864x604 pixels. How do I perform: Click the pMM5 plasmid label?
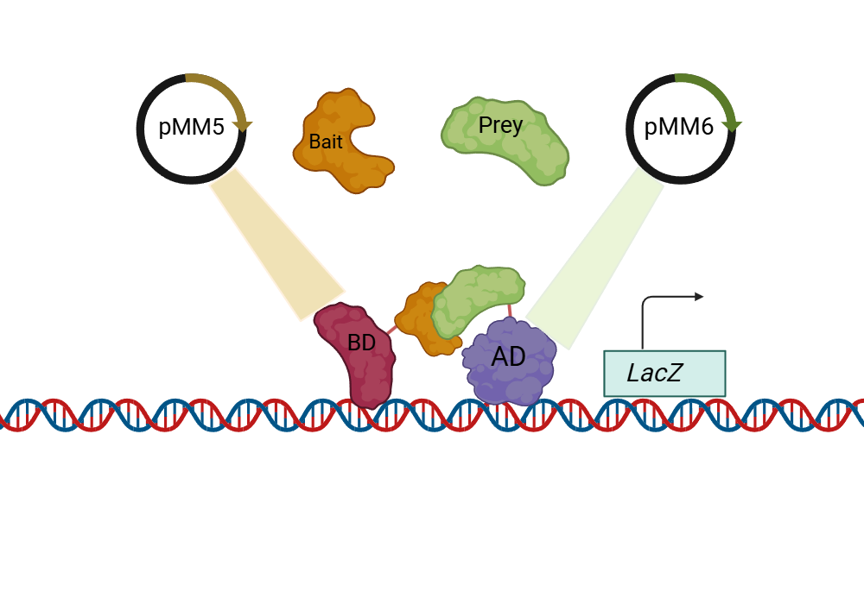191,128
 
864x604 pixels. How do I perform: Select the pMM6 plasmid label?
679,128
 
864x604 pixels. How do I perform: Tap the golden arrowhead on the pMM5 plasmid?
243,125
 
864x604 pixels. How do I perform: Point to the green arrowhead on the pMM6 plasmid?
732,125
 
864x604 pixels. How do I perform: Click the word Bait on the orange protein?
326,142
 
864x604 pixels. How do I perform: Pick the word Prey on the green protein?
500,125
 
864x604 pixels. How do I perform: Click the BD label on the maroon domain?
361,343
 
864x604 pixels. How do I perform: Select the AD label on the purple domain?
508,356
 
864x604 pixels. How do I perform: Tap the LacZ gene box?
664,374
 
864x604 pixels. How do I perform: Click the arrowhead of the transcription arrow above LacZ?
699,297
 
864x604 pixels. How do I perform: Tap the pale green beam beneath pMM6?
596,259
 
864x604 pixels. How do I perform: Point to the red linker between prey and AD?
510,310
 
